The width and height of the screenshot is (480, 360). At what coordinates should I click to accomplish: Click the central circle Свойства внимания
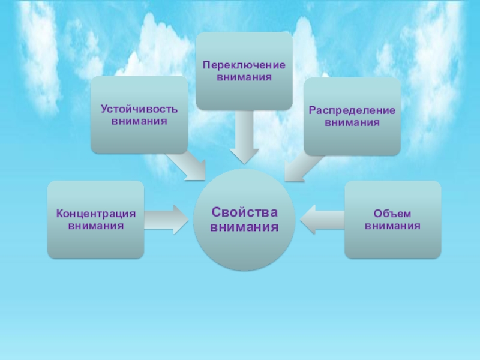click(x=244, y=219)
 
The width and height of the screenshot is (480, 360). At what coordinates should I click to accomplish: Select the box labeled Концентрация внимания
click(x=96, y=220)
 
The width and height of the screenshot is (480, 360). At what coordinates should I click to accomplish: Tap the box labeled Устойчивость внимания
click(x=139, y=115)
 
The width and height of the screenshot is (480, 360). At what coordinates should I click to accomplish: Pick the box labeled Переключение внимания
click(x=244, y=71)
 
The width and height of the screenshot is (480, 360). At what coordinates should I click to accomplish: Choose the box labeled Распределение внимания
click(x=352, y=116)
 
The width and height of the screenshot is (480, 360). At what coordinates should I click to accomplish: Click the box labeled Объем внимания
click(x=392, y=220)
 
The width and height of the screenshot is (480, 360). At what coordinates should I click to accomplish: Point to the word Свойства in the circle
click(x=244, y=212)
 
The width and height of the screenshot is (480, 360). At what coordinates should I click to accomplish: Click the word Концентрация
click(x=96, y=214)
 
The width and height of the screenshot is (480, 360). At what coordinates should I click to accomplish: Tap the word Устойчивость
click(x=139, y=109)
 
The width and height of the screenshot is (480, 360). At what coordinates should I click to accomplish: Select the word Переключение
click(x=244, y=65)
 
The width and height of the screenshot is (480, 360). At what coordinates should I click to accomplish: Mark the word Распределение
click(x=352, y=110)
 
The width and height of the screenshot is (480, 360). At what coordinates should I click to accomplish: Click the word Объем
click(x=392, y=214)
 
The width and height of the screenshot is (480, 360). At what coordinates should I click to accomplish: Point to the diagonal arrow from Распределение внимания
click(x=300, y=166)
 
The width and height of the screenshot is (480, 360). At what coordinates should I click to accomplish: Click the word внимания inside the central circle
click(x=244, y=227)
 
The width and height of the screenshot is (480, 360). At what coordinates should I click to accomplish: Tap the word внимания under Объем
click(x=392, y=226)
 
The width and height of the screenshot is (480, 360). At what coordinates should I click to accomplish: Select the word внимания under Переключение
click(x=244, y=77)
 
